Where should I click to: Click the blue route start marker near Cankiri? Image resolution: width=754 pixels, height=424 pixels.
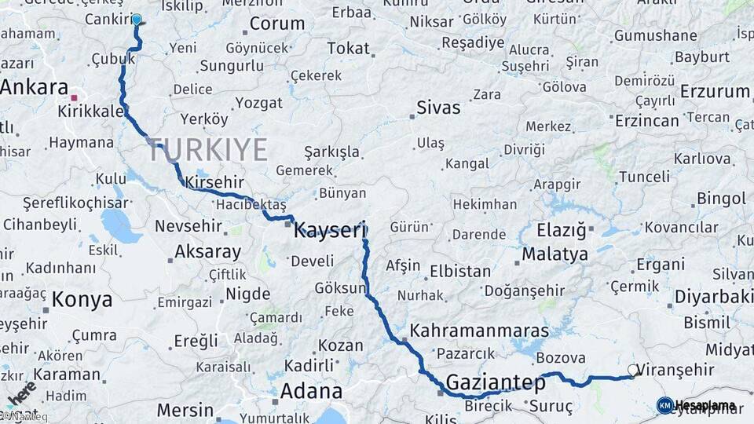(x=137, y=20)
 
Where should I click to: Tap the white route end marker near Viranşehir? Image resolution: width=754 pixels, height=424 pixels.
(x=633, y=370)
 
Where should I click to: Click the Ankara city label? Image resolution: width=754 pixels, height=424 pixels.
(x=34, y=87)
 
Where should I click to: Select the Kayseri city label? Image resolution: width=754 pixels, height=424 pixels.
(x=330, y=231)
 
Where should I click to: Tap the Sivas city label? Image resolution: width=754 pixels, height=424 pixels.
(x=438, y=108)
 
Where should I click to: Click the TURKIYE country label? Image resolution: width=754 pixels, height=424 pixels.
(x=207, y=149)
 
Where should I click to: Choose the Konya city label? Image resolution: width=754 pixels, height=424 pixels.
(x=82, y=299)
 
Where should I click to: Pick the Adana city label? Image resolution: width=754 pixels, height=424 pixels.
(x=311, y=391)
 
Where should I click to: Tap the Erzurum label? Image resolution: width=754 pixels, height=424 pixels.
(x=715, y=92)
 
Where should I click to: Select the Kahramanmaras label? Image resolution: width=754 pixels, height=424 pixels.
(x=479, y=330)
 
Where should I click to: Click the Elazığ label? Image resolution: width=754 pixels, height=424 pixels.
(x=562, y=230)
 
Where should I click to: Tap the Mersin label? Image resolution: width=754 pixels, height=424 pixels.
(x=185, y=410)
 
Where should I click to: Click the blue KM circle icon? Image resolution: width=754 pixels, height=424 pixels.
(x=664, y=405)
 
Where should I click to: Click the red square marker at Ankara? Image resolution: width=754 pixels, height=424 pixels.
(x=74, y=98)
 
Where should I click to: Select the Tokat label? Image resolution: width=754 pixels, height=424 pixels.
(x=348, y=49)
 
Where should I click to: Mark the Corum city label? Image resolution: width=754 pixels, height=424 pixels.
(x=276, y=24)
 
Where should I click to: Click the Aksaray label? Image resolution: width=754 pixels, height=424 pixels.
(x=207, y=252)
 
